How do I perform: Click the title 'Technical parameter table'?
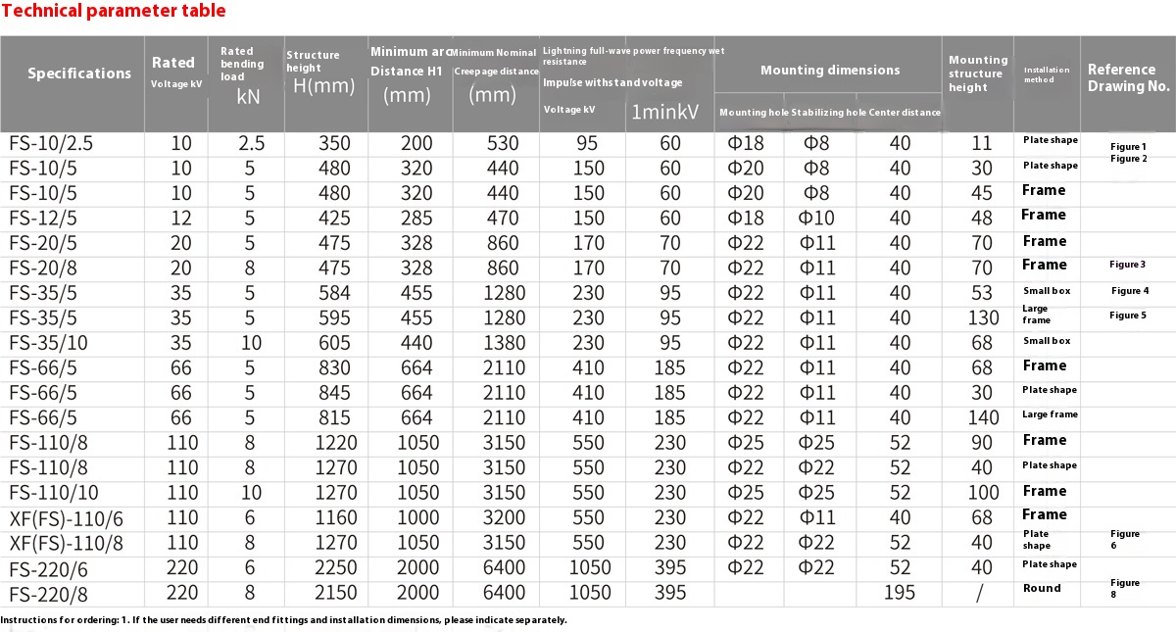coord(114,12)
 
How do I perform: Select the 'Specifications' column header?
coord(78,73)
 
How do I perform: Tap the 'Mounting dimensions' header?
coord(829,71)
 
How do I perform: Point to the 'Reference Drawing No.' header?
coord(1128,77)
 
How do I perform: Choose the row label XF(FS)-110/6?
coord(66,515)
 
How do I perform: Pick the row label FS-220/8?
coord(49,592)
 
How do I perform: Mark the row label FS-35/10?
coord(49,342)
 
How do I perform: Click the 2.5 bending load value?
coord(251,143)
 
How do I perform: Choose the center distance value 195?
coord(899,592)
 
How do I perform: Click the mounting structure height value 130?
coord(982,317)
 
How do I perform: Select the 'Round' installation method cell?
coord(1042,588)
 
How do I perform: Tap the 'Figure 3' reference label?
coord(1128,265)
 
